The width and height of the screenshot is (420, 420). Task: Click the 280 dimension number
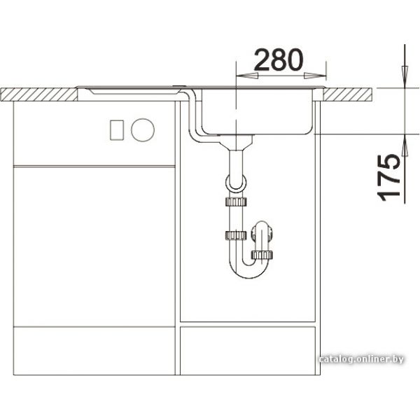click(x=279, y=60)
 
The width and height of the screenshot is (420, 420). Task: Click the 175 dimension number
click(x=388, y=178)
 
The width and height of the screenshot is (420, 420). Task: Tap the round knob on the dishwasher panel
click(x=143, y=130)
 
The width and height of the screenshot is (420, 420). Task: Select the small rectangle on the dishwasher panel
click(x=117, y=130)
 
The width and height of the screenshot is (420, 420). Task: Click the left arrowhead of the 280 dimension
click(x=246, y=76)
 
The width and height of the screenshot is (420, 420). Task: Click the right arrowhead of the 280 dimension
click(x=315, y=76)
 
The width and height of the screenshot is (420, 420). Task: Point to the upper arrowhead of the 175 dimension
click(x=405, y=76)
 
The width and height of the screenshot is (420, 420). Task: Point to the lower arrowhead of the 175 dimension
click(x=405, y=145)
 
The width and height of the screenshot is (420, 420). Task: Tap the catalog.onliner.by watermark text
click(x=361, y=359)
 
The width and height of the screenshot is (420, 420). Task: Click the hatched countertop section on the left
click(x=39, y=94)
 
